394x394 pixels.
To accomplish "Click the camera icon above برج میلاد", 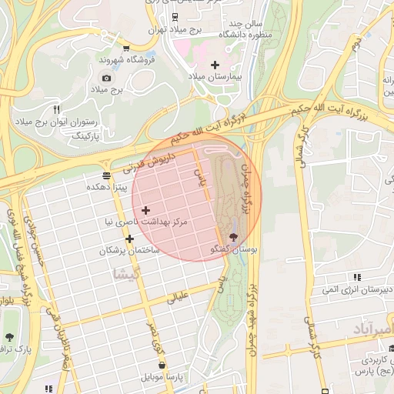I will coord(106,78).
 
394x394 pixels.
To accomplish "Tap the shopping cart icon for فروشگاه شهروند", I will coord(104,47).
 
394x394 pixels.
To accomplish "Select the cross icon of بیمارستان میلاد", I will coord(214,65).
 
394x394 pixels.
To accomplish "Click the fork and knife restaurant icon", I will coord(56,110).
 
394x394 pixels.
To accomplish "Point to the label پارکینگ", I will coord(86,135).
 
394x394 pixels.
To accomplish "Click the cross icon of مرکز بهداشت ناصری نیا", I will coord(145,209).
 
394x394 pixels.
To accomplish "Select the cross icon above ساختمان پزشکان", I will coord(129,239).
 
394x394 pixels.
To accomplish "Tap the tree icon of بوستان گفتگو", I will coord(234,237).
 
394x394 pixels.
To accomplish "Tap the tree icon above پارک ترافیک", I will coord(8,338).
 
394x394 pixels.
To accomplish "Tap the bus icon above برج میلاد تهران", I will coord(175,15).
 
